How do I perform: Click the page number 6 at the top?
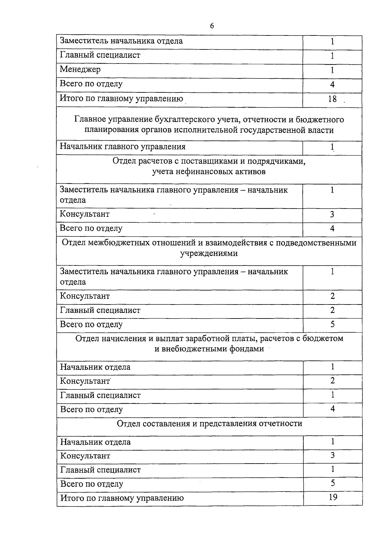click(x=212, y=26)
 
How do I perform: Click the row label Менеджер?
click(x=80, y=69)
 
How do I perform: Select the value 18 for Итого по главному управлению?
click(x=332, y=99)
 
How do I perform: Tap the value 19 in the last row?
click(x=333, y=497)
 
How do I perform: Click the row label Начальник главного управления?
click(x=123, y=146)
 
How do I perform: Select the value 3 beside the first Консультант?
click(x=332, y=214)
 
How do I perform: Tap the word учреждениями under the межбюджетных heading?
click(x=209, y=253)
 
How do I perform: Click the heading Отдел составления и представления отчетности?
click(x=209, y=424)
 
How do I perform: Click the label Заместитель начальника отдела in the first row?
click(x=121, y=41)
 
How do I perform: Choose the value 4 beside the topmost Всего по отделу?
click(x=332, y=84)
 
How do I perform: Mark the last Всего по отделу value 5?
click(x=333, y=483)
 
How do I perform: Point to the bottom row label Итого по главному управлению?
click(x=122, y=498)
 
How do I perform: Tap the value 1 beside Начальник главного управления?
click(x=332, y=147)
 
